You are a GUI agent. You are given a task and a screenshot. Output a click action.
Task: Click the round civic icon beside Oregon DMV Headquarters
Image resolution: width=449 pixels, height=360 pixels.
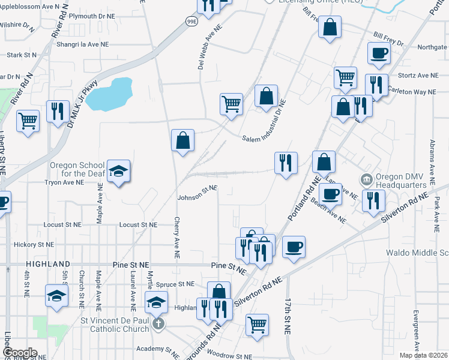[366, 179]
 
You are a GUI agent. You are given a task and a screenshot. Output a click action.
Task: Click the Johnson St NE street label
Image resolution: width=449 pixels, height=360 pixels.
[197, 192]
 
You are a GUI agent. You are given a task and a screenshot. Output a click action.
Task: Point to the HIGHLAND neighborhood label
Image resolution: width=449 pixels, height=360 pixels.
[47, 264]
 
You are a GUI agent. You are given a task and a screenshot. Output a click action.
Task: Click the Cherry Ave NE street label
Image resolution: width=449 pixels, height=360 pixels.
[177, 238]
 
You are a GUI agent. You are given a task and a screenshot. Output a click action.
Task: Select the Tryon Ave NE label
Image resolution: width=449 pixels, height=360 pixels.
[63, 182]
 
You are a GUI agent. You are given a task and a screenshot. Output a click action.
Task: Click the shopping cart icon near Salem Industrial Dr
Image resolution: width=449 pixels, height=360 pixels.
[231, 104]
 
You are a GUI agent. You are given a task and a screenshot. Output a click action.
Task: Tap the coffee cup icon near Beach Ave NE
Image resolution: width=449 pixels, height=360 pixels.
[330, 193]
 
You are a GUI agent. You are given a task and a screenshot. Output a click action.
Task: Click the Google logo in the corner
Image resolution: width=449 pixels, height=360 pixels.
[20, 353]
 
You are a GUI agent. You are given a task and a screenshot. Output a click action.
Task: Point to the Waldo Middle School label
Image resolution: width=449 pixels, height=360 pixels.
[417, 253]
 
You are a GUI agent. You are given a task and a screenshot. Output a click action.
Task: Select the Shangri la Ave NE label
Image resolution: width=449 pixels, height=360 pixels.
[82, 44]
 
